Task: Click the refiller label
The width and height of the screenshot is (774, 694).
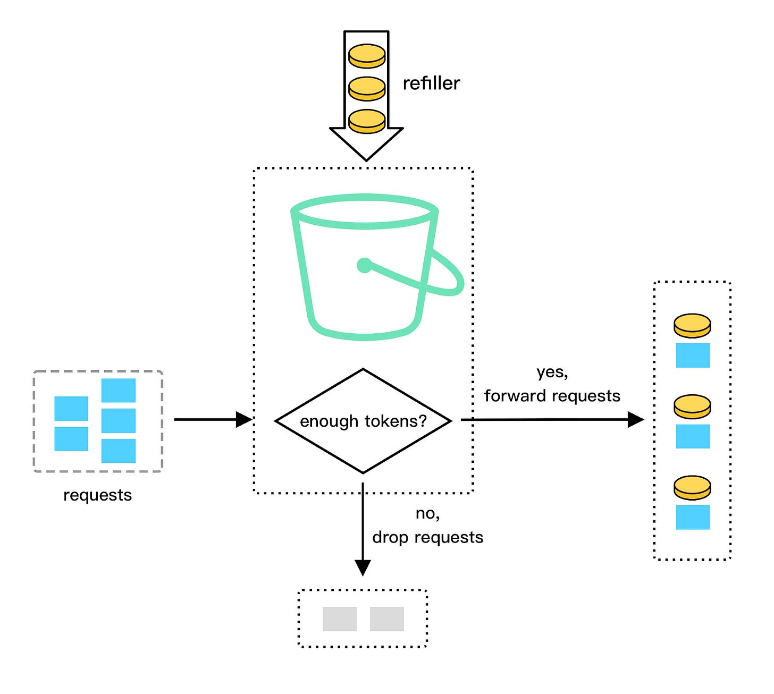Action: (x=431, y=83)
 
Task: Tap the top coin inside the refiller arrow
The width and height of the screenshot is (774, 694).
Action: (x=367, y=56)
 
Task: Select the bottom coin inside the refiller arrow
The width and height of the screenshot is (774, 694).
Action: (x=367, y=121)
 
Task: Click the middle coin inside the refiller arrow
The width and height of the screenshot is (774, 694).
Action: (x=367, y=88)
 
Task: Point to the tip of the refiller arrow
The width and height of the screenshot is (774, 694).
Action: (x=366, y=158)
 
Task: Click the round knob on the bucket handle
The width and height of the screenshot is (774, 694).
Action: (x=365, y=265)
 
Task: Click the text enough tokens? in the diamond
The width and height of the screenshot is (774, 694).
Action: (x=363, y=421)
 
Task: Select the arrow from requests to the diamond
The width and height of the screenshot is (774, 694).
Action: (x=213, y=420)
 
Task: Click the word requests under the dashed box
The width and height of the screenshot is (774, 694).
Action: (x=97, y=495)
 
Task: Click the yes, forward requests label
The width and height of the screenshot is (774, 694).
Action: (x=552, y=384)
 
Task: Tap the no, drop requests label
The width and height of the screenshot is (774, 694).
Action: (x=427, y=526)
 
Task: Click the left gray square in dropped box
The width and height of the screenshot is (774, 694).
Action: (x=340, y=619)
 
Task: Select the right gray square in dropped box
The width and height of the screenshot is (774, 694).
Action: (x=386, y=619)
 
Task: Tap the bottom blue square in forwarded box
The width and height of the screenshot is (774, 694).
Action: (x=693, y=517)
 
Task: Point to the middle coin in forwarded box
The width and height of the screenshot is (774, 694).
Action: (x=692, y=407)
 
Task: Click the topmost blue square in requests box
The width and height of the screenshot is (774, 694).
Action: (x=118, y=391)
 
